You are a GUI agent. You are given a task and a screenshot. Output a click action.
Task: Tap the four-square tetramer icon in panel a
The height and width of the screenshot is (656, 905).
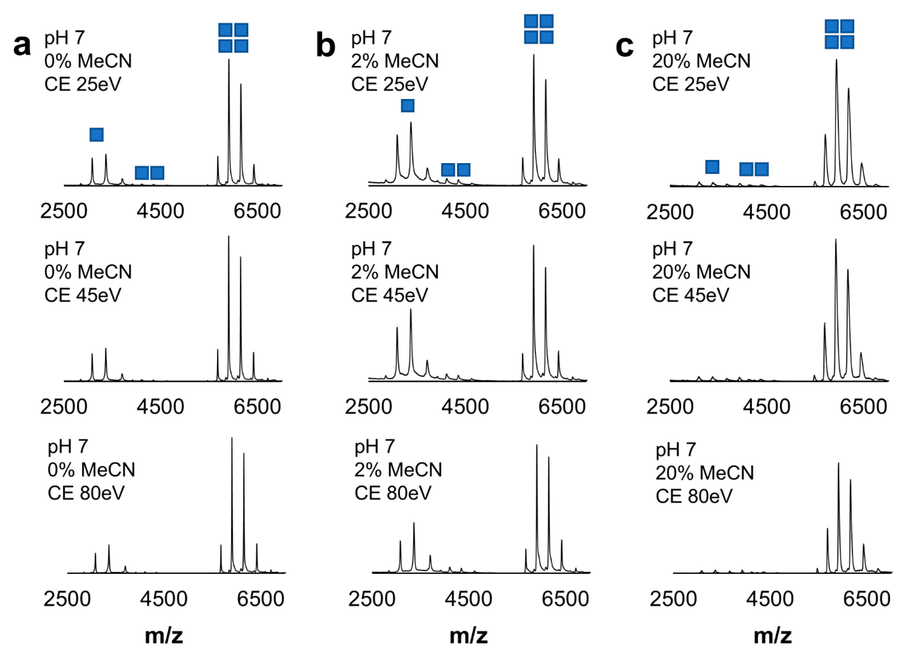[233, 38]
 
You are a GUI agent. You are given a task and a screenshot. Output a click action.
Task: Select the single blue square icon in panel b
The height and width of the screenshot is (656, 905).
[407, 106]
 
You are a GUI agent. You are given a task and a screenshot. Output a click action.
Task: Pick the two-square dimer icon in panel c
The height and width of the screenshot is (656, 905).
[754, 169]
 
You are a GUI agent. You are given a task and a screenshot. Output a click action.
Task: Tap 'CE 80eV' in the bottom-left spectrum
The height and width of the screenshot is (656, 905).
[86, 493]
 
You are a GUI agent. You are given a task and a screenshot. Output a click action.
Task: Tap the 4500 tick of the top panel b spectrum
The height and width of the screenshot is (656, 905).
[465, 211]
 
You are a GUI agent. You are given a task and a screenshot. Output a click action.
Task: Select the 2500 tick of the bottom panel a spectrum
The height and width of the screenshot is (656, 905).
[67, 599]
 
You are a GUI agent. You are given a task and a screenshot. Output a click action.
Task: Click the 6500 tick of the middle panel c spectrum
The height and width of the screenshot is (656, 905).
[863, 406]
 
